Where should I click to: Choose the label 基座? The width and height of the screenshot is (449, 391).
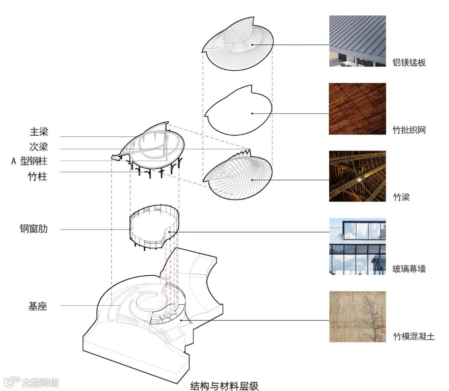[38, 306]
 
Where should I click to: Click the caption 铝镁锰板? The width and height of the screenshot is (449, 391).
[409, 63]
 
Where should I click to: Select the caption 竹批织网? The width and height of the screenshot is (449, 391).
[409, 131]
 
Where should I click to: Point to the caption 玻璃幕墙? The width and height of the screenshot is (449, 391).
[409, 270]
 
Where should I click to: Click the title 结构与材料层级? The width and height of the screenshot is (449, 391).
[224, 385]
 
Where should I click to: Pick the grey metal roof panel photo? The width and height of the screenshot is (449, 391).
[357, 41]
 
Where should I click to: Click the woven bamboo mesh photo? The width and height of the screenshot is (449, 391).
[357, 109]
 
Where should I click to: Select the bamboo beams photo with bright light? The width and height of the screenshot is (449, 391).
[357, 176]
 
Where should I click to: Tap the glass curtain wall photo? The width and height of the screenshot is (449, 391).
[357, 246]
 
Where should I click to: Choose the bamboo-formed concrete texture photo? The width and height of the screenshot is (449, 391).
[357, 317]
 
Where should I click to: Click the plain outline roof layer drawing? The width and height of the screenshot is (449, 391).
[238, 113]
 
